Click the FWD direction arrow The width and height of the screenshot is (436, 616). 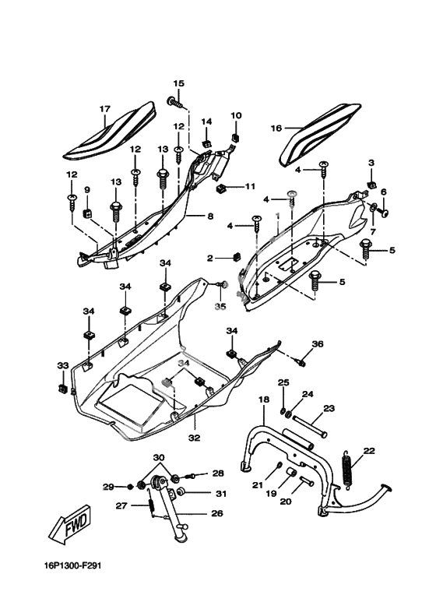pyautogui.click(x=72, y=525)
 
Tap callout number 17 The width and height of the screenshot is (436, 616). pyautogui.click(x=105, y=109)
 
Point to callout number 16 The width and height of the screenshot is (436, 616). pyautogui.click(x=276, y=128)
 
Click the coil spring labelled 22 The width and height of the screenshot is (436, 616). pyautogui.click(x=347, y=470)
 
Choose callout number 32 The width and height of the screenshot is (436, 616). pyautogui.click(x=195, y=437)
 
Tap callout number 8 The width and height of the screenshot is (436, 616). pyautogui.click(x=210, y=216)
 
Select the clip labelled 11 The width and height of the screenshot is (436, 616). pyautogui.click(x=222, y=189)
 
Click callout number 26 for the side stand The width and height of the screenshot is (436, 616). pyautogui.click(x=216, y=513)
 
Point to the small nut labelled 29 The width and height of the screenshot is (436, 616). pyautogui.click(x=130, y=487)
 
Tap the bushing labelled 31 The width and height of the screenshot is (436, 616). pyautogui.click(x=181, y=492)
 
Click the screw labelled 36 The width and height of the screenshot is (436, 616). pyautogui.click(x=301, y=362)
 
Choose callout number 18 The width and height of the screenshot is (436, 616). pyautogui.click(x=264, y=400)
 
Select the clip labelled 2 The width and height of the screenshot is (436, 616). pyautogui.click(x=236, y=257)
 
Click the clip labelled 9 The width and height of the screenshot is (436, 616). pyautogui.click(x=87, y=213)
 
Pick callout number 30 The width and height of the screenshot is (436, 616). pyautogui.click(x=159, y=458)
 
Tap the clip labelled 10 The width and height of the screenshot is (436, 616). pyautogui.click(x=235, y=139)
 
